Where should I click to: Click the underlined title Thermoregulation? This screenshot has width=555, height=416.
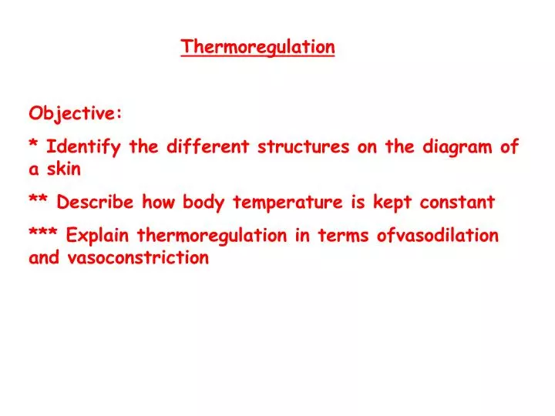(258, 47)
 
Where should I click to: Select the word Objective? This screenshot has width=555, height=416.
(76, 113)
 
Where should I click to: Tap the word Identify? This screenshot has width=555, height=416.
(85, 147)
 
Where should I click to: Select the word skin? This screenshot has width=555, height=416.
(64, 168)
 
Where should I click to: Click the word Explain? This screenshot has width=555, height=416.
(98, 236)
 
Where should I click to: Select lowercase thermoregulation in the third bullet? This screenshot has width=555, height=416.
(214, 236)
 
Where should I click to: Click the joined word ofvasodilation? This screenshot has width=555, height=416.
(438, 236)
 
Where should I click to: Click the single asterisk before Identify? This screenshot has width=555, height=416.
(34, 145)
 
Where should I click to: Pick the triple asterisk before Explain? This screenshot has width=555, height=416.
(43, 233)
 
